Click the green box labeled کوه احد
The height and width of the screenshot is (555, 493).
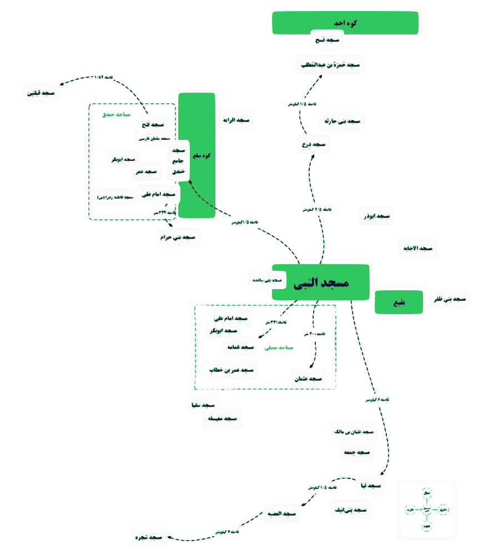345,23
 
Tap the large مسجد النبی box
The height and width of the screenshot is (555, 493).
320,282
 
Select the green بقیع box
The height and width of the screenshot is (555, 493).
399,302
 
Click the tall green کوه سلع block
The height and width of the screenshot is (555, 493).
197,155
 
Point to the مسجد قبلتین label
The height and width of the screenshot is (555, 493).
41,93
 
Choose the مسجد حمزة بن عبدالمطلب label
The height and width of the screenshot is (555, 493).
330,65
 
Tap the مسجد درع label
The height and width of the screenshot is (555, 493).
314,144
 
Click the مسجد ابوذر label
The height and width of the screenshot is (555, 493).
377,215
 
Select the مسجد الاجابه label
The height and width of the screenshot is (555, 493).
418,248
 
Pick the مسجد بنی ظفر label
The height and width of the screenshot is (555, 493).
450,299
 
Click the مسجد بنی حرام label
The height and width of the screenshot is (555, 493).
178,237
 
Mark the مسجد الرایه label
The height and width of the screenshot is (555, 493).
236,120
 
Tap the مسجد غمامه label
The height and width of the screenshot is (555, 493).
241,347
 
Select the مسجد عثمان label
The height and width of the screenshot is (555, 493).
308,379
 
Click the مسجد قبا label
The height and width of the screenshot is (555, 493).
370,486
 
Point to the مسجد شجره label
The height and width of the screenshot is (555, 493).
149,537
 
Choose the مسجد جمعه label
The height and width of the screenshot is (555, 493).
356,452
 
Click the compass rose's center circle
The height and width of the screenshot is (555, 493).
427,509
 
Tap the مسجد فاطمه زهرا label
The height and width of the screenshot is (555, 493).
115,197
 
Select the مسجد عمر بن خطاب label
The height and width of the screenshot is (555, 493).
232,370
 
